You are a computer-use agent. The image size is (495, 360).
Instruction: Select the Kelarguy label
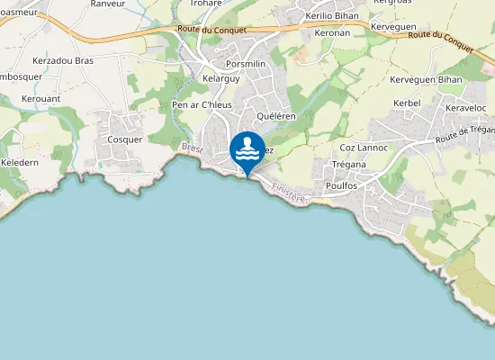point(221,79)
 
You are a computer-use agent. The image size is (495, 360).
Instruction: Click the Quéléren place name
point(276,116)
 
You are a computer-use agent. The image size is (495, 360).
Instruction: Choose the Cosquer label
point(125,139)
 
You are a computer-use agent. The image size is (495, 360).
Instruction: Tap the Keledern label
point(20,162)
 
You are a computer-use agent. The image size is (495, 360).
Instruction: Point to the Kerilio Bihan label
point(331,16)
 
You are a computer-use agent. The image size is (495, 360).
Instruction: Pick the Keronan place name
point(333,32)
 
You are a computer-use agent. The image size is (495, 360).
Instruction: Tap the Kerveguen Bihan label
point(426,79)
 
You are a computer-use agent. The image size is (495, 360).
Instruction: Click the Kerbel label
point(407,103)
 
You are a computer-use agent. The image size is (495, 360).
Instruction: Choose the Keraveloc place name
point(467,109)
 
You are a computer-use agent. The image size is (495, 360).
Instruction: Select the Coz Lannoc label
point(364,147)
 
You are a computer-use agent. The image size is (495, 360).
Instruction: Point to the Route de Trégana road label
point(465,135)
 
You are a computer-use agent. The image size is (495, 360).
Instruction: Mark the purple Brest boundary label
point(192,148)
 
